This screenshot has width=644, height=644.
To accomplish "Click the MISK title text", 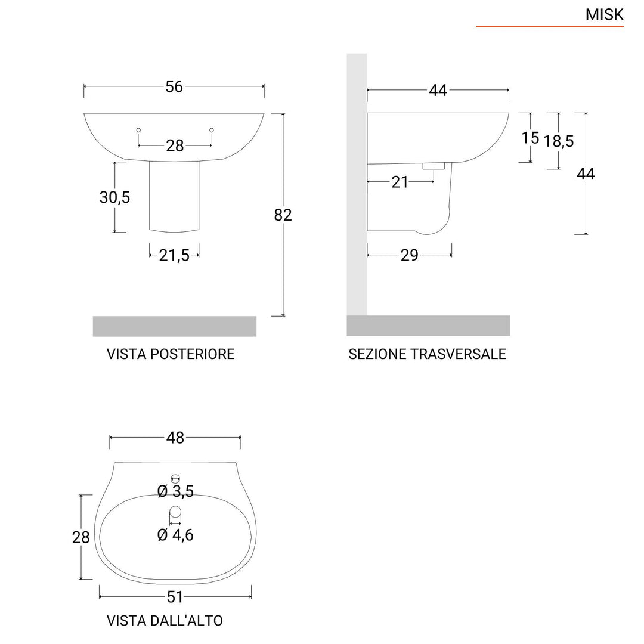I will [x=604, y=15].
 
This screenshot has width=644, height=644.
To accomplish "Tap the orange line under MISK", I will [x=549, y=27].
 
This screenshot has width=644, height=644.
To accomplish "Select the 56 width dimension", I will [x=174, y=86].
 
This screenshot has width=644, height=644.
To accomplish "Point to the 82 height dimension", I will [x=283, y=215].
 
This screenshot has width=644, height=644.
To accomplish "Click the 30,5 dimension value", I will [x=114, y=197].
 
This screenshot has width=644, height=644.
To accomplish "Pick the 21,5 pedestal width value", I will [x=174, y=255].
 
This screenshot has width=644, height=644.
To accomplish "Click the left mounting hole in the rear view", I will [x=138, y=130].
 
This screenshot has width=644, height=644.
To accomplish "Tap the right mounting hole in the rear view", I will [x=212, y=130].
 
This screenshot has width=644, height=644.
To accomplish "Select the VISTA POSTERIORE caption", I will [x=171, y=354].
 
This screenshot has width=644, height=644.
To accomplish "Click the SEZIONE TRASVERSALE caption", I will [x=427, y=354].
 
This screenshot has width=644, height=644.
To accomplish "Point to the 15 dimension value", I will [x=530, y=138].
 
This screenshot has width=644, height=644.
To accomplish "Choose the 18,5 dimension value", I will [x=558, y=141].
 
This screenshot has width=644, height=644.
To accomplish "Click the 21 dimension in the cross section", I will [x=400, y=182].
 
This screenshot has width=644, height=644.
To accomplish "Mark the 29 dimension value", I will [x=409, y=255].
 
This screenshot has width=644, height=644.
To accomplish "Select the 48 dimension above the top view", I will [x=175, y=438].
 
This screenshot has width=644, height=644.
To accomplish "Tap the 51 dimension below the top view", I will [x=175, y=596].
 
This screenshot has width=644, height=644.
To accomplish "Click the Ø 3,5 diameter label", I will [x=175, y=491].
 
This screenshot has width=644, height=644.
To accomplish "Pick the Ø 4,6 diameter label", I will [x=175, y=535].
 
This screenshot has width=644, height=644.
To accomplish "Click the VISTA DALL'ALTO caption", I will [x=165, y=621].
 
